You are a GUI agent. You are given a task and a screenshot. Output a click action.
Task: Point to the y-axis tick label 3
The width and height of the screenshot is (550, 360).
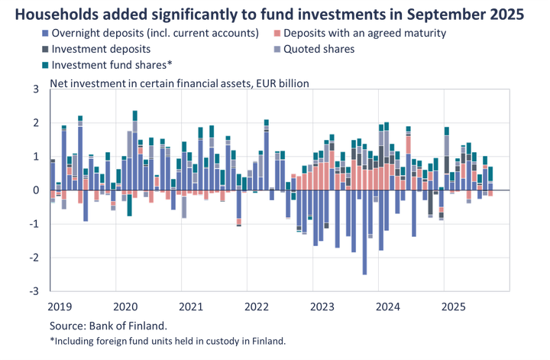(35, 89)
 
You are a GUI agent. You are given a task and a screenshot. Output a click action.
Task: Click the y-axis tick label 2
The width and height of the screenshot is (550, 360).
(35, 122)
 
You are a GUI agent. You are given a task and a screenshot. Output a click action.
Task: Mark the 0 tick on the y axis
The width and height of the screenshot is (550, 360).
(35, 190)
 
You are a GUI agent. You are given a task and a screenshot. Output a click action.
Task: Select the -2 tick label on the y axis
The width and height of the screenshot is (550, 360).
(33, 257)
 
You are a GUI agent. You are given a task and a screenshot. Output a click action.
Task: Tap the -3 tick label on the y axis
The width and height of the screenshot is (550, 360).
(33, 290)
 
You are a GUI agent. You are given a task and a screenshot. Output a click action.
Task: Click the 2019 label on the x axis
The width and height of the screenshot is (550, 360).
(59, 306)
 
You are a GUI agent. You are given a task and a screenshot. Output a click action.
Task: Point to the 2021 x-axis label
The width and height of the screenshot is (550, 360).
(191, 306)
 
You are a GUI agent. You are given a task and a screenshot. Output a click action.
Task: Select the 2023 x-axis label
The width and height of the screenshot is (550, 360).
(322, 306)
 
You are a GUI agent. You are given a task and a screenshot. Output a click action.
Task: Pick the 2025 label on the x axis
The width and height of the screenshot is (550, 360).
(454, 306)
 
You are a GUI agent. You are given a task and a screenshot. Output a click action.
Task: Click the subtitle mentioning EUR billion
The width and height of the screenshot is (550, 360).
(180, 83)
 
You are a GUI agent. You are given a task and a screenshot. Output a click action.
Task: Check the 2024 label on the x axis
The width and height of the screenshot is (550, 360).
(388, 306)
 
